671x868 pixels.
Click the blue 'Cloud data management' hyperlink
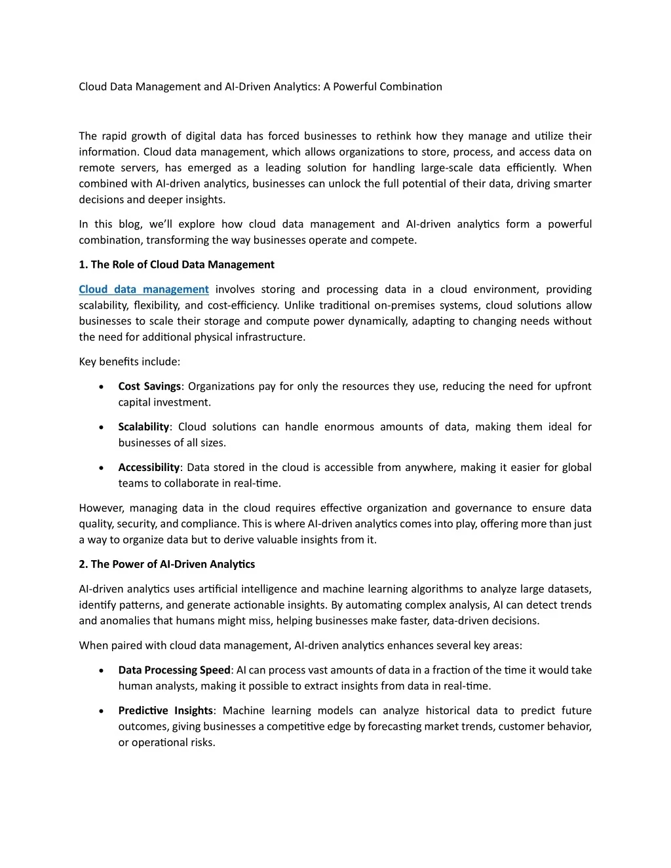144,290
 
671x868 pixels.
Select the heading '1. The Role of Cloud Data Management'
176,265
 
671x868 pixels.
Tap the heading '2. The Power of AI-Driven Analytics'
166,564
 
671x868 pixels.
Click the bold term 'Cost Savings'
149,387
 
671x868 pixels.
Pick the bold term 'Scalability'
144,427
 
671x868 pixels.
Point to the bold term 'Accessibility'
149,468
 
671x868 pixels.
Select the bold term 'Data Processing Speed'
174,670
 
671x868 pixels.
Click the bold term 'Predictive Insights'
165,711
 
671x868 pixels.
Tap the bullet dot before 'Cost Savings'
101,387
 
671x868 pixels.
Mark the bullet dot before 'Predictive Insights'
101,711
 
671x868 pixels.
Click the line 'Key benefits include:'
129,362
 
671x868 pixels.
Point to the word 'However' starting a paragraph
101,508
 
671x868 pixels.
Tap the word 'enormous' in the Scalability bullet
349,427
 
